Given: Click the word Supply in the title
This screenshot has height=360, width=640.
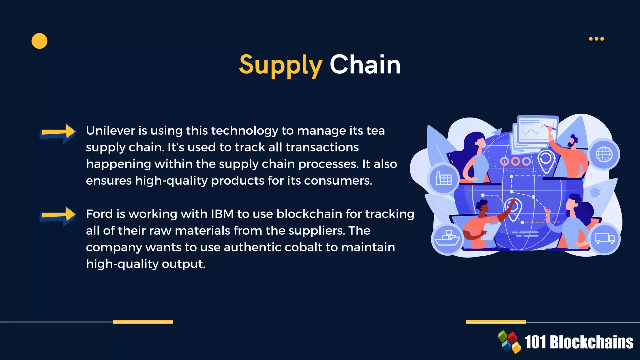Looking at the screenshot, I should tap(280, 65).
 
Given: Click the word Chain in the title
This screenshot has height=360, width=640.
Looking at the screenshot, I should tap(365, 65).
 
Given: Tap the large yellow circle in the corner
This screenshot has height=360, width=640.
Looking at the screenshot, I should tap(39, 41).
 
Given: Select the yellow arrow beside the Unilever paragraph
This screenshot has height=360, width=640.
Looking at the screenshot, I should tap(58, 132).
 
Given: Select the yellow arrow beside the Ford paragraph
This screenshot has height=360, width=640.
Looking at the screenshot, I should tap(58, 216).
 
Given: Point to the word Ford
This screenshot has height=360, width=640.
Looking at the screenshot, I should tap(99, 214).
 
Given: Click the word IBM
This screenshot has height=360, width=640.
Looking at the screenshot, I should tap(222, 214).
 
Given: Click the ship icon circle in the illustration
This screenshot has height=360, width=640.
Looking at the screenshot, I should tap(447, 239).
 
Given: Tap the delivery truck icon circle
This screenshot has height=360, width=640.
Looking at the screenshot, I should tap(604, 239).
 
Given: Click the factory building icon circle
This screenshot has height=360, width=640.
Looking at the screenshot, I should tap(443, 179).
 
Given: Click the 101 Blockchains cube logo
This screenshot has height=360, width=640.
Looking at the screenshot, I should tap(509, 342).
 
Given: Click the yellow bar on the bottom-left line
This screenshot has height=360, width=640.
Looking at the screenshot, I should tap(143, 322).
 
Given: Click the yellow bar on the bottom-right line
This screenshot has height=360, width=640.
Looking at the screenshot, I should tap(496, 322).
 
